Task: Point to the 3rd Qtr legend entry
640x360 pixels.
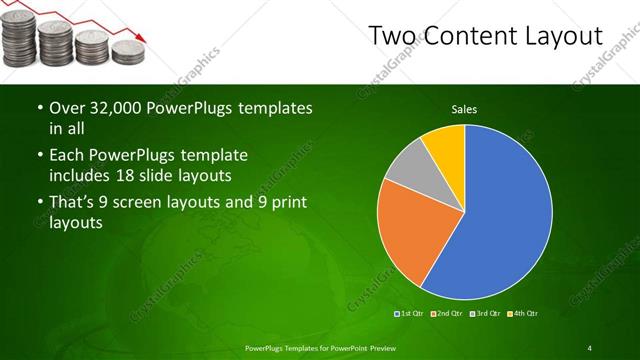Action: [x=484, y=315]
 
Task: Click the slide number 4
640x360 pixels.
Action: [x=590, y=348]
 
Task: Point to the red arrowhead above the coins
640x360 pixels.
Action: [x=144, y=37]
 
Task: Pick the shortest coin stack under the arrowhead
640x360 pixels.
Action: [x=126, y=52]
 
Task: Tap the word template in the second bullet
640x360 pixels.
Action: [x=212, y=156]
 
